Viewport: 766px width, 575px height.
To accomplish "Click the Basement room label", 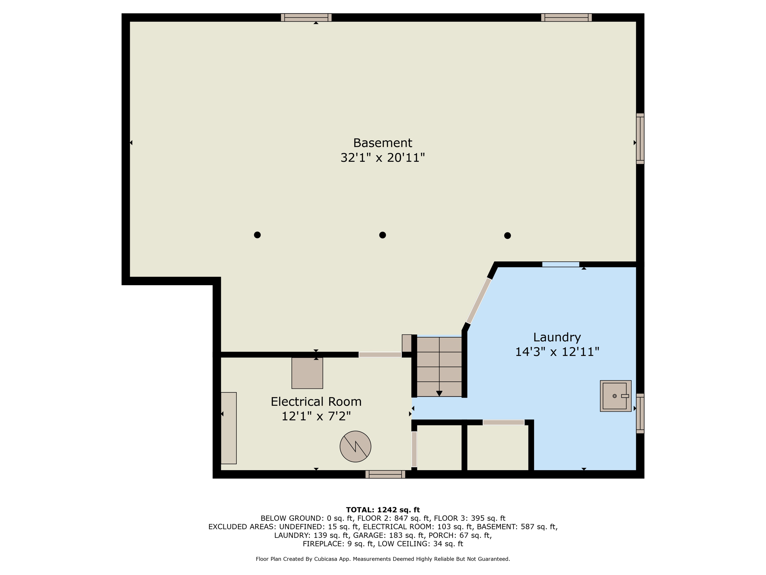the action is coord(382,143).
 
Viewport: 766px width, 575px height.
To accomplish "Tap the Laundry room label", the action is coord(557,337).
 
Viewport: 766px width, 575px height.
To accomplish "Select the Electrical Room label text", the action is coord(316,402).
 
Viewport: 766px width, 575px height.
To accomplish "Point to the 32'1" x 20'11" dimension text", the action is coord(383,158).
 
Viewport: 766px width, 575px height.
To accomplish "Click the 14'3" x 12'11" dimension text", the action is coord(557,352).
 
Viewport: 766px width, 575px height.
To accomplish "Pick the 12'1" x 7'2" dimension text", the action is coord(316,416).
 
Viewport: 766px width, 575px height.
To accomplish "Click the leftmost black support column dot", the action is coord(257,235).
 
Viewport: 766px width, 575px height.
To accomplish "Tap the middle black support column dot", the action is coord(382,235).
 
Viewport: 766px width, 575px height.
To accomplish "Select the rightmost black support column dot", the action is coord(507,235).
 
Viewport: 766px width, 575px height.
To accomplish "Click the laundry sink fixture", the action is coord(616,396).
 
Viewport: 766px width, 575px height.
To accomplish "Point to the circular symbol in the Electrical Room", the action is coord(355,446).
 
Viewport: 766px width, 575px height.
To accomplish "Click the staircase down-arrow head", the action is coord(439,393).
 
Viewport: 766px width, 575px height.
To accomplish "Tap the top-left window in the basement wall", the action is coord(306,17).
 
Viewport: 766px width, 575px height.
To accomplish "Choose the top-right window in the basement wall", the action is coord(566,17).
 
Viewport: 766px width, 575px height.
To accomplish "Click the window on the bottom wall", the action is coord(385,474).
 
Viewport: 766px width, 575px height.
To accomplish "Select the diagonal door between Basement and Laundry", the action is coord(478,301).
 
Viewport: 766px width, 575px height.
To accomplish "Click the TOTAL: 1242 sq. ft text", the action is coord(383,509).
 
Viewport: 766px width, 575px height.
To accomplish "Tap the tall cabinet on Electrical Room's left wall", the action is coord(229,428).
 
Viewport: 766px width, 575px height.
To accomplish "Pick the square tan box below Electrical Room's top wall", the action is coord(307,373).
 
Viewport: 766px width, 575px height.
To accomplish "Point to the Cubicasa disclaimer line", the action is coord(383,559).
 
